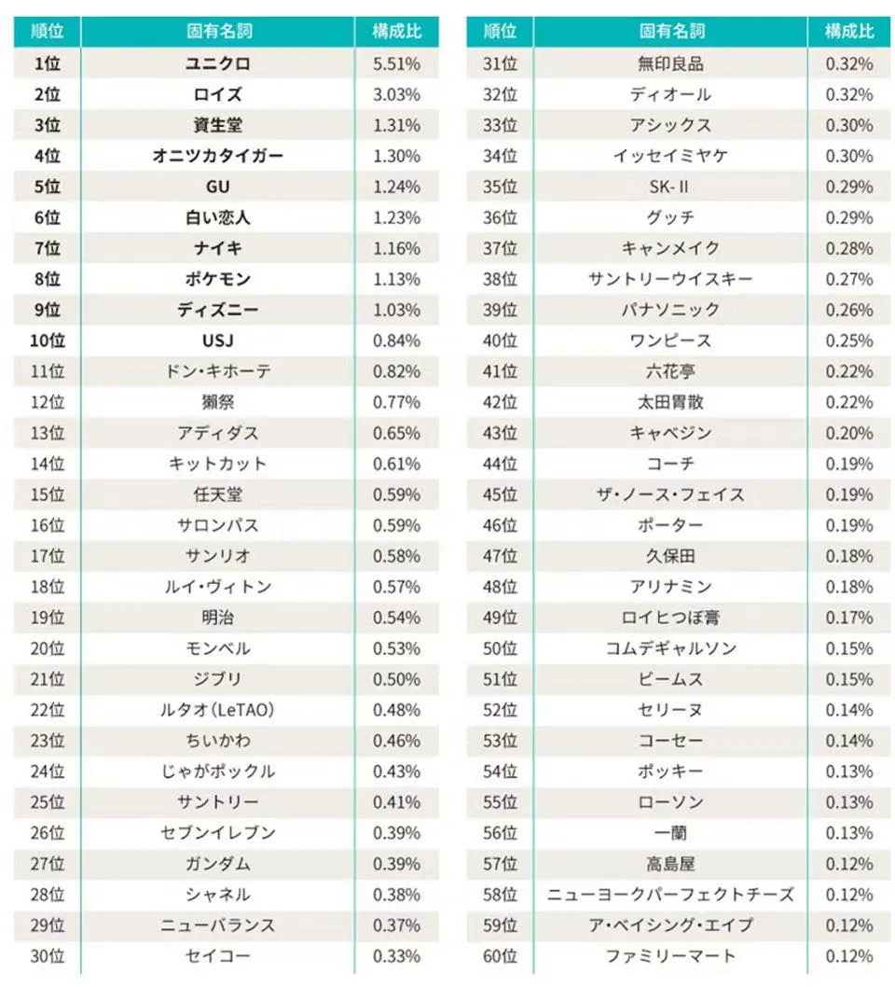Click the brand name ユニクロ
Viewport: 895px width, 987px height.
tap(217, 63)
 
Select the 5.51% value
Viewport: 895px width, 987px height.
tap(396, 63)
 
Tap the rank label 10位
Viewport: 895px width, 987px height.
tap(47, 341)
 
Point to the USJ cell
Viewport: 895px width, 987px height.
tap(217, 341)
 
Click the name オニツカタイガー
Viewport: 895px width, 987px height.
tap(217, 156)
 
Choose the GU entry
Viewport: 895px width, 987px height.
tap(217, 187)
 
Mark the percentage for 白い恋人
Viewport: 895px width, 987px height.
tap(396, 217)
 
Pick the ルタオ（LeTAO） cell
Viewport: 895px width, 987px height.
tap(217, 710)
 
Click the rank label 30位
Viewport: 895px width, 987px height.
tap(47, 956)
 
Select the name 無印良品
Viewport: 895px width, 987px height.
tap(670, 63)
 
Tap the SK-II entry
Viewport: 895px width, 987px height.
tap(670, 187)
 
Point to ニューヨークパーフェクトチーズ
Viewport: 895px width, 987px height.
tap(670, 895)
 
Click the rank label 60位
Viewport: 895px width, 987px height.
tap(500, 956)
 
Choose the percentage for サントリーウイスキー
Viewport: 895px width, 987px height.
tap(849, 279)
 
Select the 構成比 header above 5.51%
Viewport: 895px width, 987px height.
tap(396, 31)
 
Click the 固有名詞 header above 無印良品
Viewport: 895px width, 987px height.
tap(670, 31)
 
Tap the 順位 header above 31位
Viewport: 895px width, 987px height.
tap(500, 31)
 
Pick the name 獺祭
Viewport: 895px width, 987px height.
tap(217, 402)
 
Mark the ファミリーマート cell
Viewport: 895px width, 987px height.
tap(670, 956)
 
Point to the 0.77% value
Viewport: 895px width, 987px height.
tap(396, 402)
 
